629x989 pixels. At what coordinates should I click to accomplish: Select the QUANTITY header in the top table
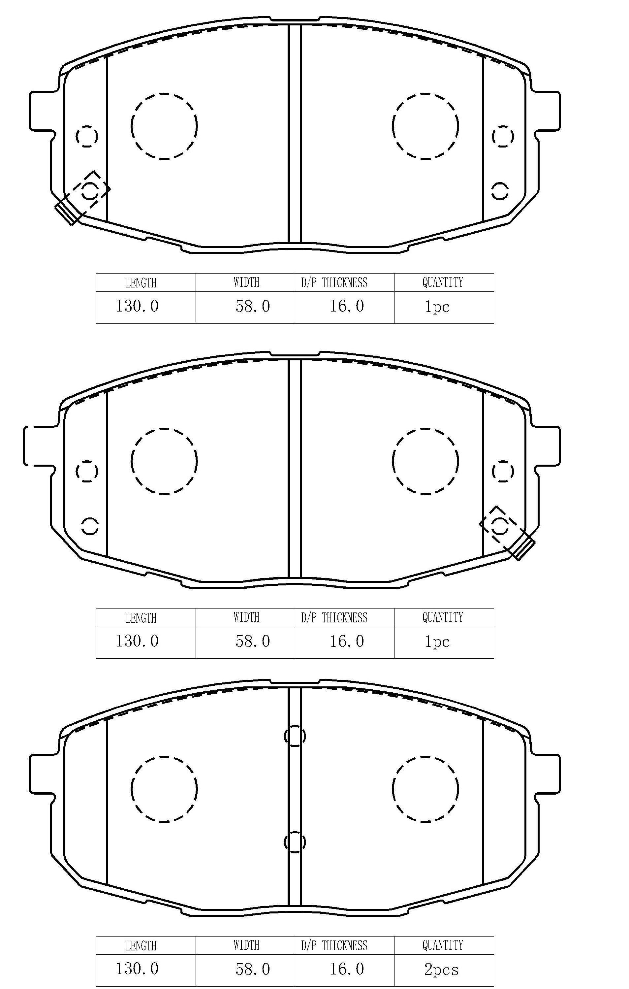443,282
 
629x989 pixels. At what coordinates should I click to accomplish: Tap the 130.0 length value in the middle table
137,641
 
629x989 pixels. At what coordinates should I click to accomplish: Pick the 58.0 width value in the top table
253,306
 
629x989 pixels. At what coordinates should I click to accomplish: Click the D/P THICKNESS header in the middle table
334,618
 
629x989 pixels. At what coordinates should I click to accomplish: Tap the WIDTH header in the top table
246,282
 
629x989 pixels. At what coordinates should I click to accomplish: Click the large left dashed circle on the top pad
164,126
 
